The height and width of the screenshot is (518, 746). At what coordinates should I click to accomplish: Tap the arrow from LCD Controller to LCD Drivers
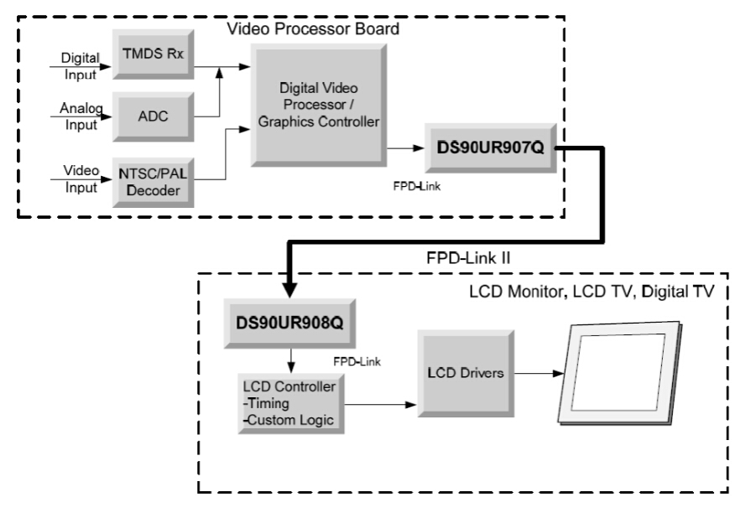click(x=382, y=406)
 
